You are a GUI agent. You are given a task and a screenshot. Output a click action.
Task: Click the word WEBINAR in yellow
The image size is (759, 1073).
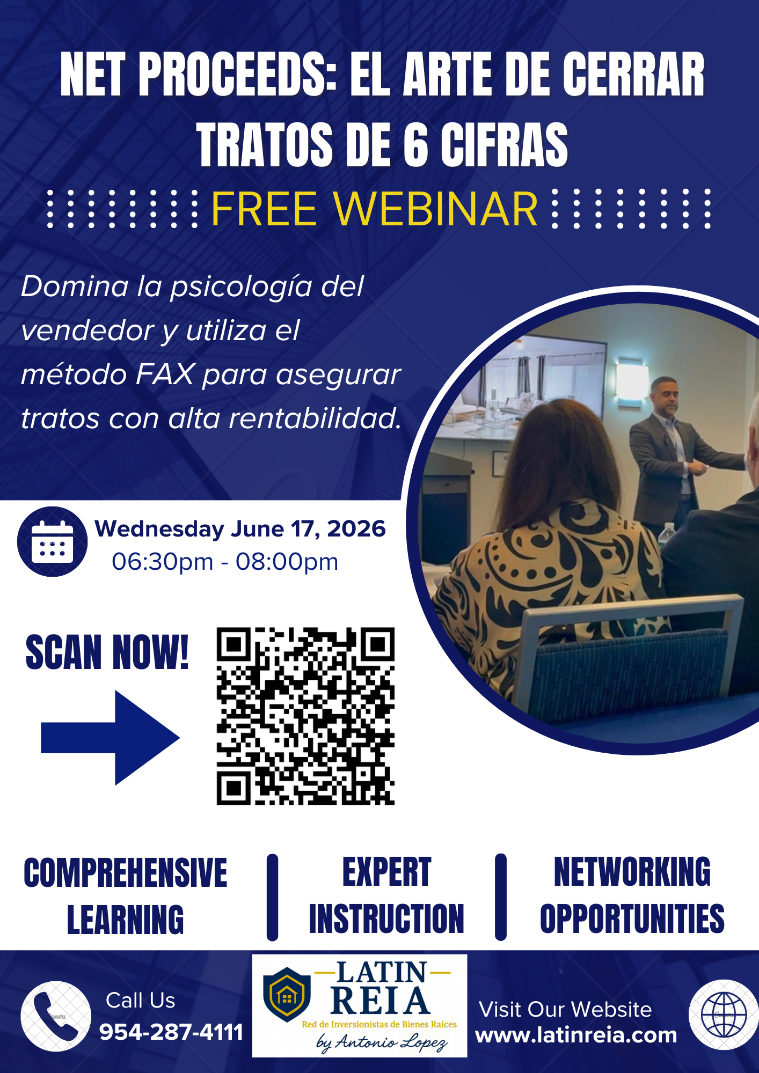[x=435, y=209]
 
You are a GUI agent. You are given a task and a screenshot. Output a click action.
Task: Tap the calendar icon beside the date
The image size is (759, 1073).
[x=52, y=542]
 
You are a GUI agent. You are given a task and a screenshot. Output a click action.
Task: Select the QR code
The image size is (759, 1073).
[x=305, y=716]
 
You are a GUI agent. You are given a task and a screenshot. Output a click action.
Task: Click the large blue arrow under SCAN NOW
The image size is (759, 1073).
[x=110, y=738]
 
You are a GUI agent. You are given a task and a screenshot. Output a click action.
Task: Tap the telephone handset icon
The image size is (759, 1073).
[x=56, y=1016]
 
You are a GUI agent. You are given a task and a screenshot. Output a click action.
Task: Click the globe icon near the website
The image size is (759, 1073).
[x=724, y=1015]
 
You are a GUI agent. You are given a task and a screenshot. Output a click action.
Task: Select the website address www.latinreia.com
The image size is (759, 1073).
[x=576, y=1035]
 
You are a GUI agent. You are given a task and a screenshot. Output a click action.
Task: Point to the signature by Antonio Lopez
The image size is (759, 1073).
[x=382, y=1042]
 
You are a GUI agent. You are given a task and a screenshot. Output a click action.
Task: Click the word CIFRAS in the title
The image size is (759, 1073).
[x=504, y=144]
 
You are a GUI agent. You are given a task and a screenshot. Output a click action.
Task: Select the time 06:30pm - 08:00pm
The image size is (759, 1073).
[x=225, y=562]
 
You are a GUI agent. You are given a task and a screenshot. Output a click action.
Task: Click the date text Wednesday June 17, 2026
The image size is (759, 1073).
[x=240, y=528]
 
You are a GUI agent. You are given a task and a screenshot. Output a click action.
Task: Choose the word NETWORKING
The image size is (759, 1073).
[x=632, y=872]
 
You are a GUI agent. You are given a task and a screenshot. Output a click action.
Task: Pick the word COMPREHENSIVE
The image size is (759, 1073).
[x=125, y=873]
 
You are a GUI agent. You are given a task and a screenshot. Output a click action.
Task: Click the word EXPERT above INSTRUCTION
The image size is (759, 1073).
[x=386, y=872]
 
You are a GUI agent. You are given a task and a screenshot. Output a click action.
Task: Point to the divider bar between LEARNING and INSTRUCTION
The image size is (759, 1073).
[x=273, y=898]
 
